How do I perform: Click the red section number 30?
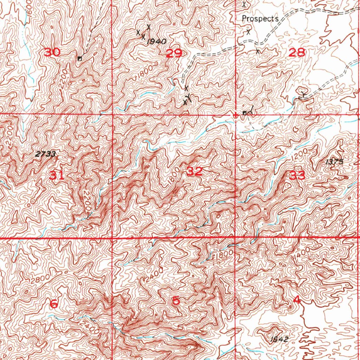pos(52,53)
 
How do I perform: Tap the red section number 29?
pos(174,53)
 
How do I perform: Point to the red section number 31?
pos(57,175)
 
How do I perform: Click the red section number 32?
pos(195,172)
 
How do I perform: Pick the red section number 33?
pos(297,175)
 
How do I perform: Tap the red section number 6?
pos(54,303)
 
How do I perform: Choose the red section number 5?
pos(176,301)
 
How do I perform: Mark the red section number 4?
pos(297,300)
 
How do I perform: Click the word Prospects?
pos(260,19)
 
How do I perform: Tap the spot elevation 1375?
pos(334,162)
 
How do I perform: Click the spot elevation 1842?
pos(280,339)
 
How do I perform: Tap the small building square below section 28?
pos(244,113)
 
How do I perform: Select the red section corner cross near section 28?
pos(235,115)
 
